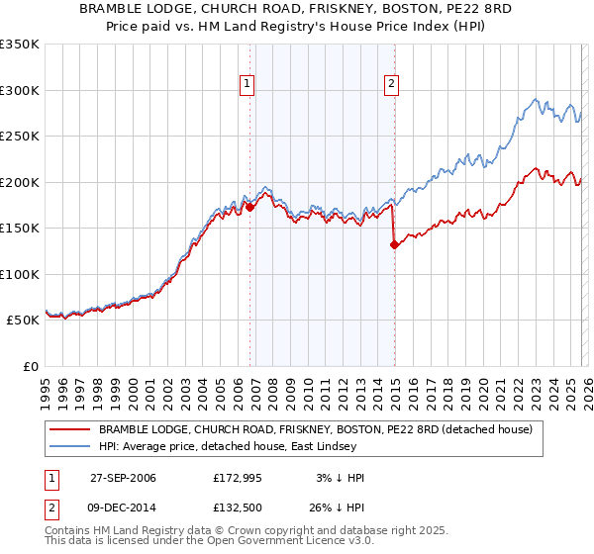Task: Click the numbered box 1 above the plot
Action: coord(246,84)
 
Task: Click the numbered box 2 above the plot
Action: coord(392,84)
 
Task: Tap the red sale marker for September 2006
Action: coord(249,207)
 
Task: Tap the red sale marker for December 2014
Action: coord(394,244)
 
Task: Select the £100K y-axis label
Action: coord(20,274)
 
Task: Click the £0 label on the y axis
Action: coord(30,366)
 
